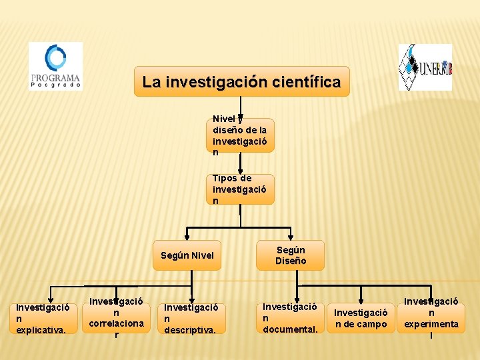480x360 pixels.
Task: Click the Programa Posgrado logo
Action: (x=55, y=66)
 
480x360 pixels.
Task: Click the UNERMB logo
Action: (x=425, y=67)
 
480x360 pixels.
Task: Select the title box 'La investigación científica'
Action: (x=241, y=82)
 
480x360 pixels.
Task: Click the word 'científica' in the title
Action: (x=309, y=83)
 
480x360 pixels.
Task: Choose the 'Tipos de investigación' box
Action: (x=240, y=189)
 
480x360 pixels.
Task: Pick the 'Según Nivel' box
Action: (x=187, y=255)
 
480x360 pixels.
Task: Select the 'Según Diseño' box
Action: (x=291, y=255)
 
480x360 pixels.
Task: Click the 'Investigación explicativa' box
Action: (x=43, y=319)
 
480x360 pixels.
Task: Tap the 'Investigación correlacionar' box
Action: (x=116, y=317)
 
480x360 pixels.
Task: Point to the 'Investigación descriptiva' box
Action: (x=191, y=319)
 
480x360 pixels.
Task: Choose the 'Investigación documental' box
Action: (x=290, y=318)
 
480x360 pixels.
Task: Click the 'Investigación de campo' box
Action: (x=361, y=318)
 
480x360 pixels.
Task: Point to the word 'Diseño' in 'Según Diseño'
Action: (x=291, y=261)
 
